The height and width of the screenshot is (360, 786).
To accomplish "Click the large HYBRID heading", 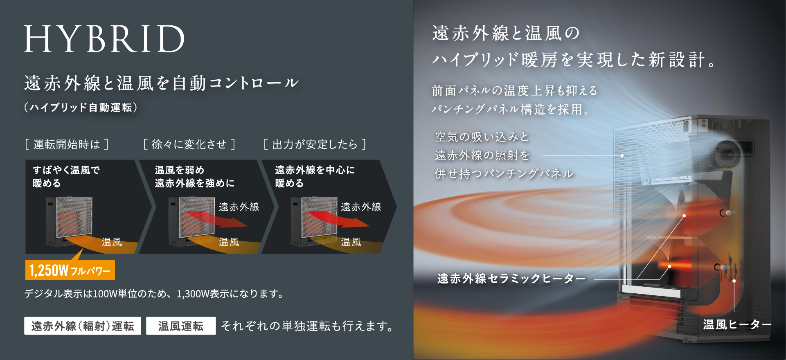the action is pos(104,38).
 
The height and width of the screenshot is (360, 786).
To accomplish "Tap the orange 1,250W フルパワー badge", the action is pos(70,270).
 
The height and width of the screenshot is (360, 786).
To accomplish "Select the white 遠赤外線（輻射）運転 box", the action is pos(83,326).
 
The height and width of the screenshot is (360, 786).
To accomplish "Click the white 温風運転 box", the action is pos(181,326).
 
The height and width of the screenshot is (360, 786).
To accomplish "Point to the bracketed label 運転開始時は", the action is pos(67,144).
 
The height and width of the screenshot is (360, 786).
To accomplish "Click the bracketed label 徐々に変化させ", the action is pos(189,144).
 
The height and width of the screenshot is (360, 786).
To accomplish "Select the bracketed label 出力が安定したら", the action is pos(315,144).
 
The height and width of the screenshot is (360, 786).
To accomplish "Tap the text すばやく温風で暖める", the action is pos(66,176).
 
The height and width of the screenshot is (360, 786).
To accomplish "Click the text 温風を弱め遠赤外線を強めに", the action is pos(195,176).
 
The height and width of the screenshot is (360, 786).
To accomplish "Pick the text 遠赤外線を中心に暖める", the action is pos(315,176).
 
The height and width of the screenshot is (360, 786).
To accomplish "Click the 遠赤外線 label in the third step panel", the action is pos(361,207).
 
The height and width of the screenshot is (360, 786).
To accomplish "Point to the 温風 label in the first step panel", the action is pos(112,242).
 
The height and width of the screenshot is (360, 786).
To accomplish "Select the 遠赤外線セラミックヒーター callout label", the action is pos(511,279).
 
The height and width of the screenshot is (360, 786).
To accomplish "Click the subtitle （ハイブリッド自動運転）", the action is pos(81,107).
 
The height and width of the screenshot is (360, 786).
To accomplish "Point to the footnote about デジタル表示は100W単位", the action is pos(154,294).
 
